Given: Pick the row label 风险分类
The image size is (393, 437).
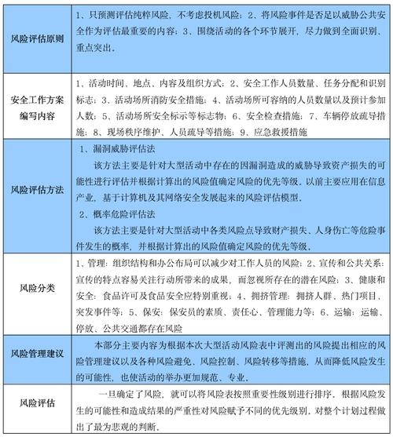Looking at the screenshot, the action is pyautogui.click(x=35, y=287).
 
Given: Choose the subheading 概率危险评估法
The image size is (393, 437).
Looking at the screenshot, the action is pyautogui.click(x=123, y=213).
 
